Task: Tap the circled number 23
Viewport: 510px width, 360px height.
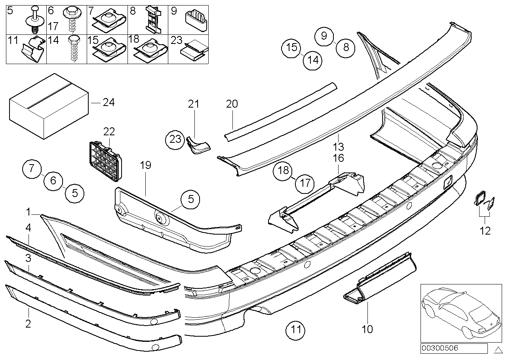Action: click(x=175, y=139)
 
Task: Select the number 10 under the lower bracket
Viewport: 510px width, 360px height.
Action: click(x=367, y=329)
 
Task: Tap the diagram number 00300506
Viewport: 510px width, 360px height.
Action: click(x=440, y=348)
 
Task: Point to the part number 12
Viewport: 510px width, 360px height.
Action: click(x=485, y=230)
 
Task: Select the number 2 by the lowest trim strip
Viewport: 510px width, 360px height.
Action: click(x=28, y=324)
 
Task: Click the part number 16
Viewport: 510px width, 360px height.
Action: click(x=339, y=158)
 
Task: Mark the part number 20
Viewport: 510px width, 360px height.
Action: click(x=232, y=104)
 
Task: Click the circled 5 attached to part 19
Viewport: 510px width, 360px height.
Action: click(x=191, y=199)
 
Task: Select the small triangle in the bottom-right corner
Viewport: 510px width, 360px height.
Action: click(x=498, y=349)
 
